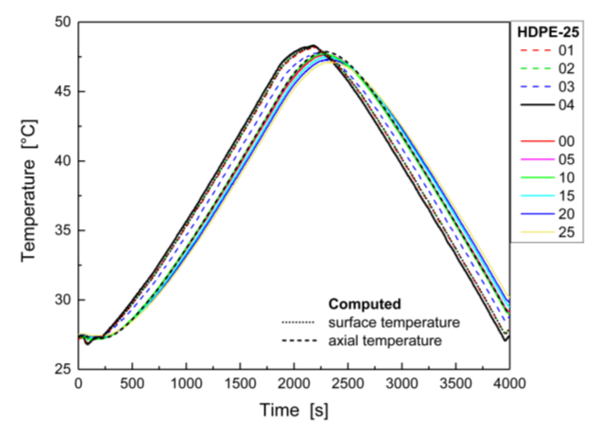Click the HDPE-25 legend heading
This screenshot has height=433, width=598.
[x=548, y=32]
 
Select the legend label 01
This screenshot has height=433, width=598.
[x=566, y=50]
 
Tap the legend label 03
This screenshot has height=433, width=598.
[x=566, y=87]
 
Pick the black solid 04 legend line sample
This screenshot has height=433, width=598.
[x=537, y=105]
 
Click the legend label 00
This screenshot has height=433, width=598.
[x=566, y=141]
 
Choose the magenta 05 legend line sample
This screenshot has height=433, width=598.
[x=537, y=159]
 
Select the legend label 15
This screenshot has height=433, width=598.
[x=566, y=196]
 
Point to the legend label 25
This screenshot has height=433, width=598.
[x=566, y=232]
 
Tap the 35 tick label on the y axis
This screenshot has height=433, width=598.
[x=63, y=230]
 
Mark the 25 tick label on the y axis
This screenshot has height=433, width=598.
[x=63, y=369]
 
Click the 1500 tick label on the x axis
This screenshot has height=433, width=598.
[x=240, y=384]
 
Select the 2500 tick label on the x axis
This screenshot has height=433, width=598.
[x=348, y=384]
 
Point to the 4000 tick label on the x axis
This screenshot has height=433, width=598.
[x=509, y=384]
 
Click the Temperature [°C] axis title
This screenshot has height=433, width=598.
[x=29, y=191]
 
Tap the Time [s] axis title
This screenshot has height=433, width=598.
[x=294, y=410]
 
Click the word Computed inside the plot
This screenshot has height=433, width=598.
[x=365, y=304]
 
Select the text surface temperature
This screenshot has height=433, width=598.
[x=394, y=323]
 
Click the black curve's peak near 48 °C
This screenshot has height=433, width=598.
[x=313, y=46]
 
